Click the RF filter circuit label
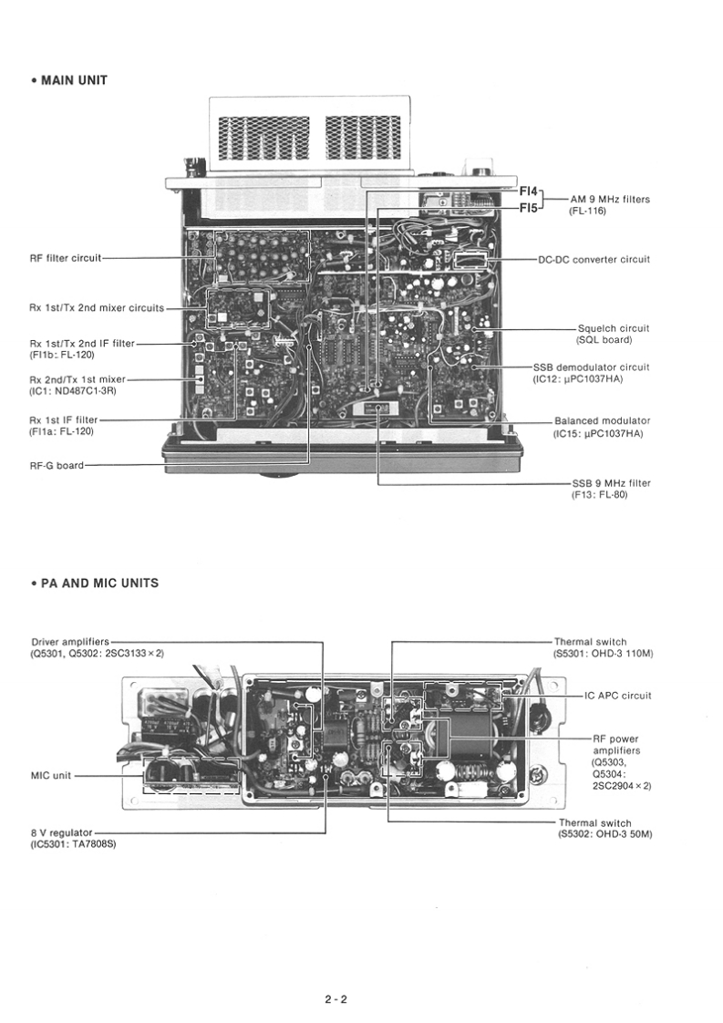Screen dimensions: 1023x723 65,258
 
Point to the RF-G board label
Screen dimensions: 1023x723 56,465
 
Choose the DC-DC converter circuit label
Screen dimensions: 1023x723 594,259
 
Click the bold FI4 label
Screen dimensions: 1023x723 529,192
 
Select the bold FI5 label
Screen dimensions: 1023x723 529,208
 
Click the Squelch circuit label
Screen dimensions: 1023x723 614,328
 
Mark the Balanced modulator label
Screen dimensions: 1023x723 602,421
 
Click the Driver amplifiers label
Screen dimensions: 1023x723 69,642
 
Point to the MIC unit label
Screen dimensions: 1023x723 51,776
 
